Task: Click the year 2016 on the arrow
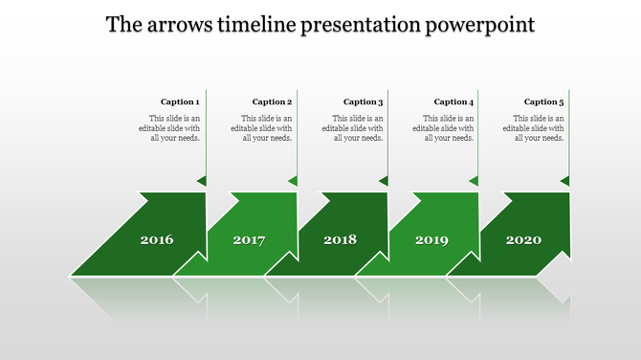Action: [x=157, y=239]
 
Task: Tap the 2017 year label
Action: [x=249, y=239]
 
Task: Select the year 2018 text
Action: [x=340, y=239]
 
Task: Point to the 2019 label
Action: [x=431, y=239]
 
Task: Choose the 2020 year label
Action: [x=523, y=239]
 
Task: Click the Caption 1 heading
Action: [x=180, y=101]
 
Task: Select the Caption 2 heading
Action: [x=271, y=101]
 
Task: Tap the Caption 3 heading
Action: [x=363, y=101]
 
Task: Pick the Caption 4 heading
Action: [x=453, y=101]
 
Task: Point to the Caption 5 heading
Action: [x=544, y=101]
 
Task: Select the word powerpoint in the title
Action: [x=476, y=24]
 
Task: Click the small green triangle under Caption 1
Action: [x=202, y=180]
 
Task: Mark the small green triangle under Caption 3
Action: [x=384, y=180]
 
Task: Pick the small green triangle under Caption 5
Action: [x=565, y=180]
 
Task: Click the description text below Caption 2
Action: [x=261, y=127]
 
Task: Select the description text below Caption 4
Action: [x=444, y=127]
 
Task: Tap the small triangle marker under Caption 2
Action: [x=293, y=180]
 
